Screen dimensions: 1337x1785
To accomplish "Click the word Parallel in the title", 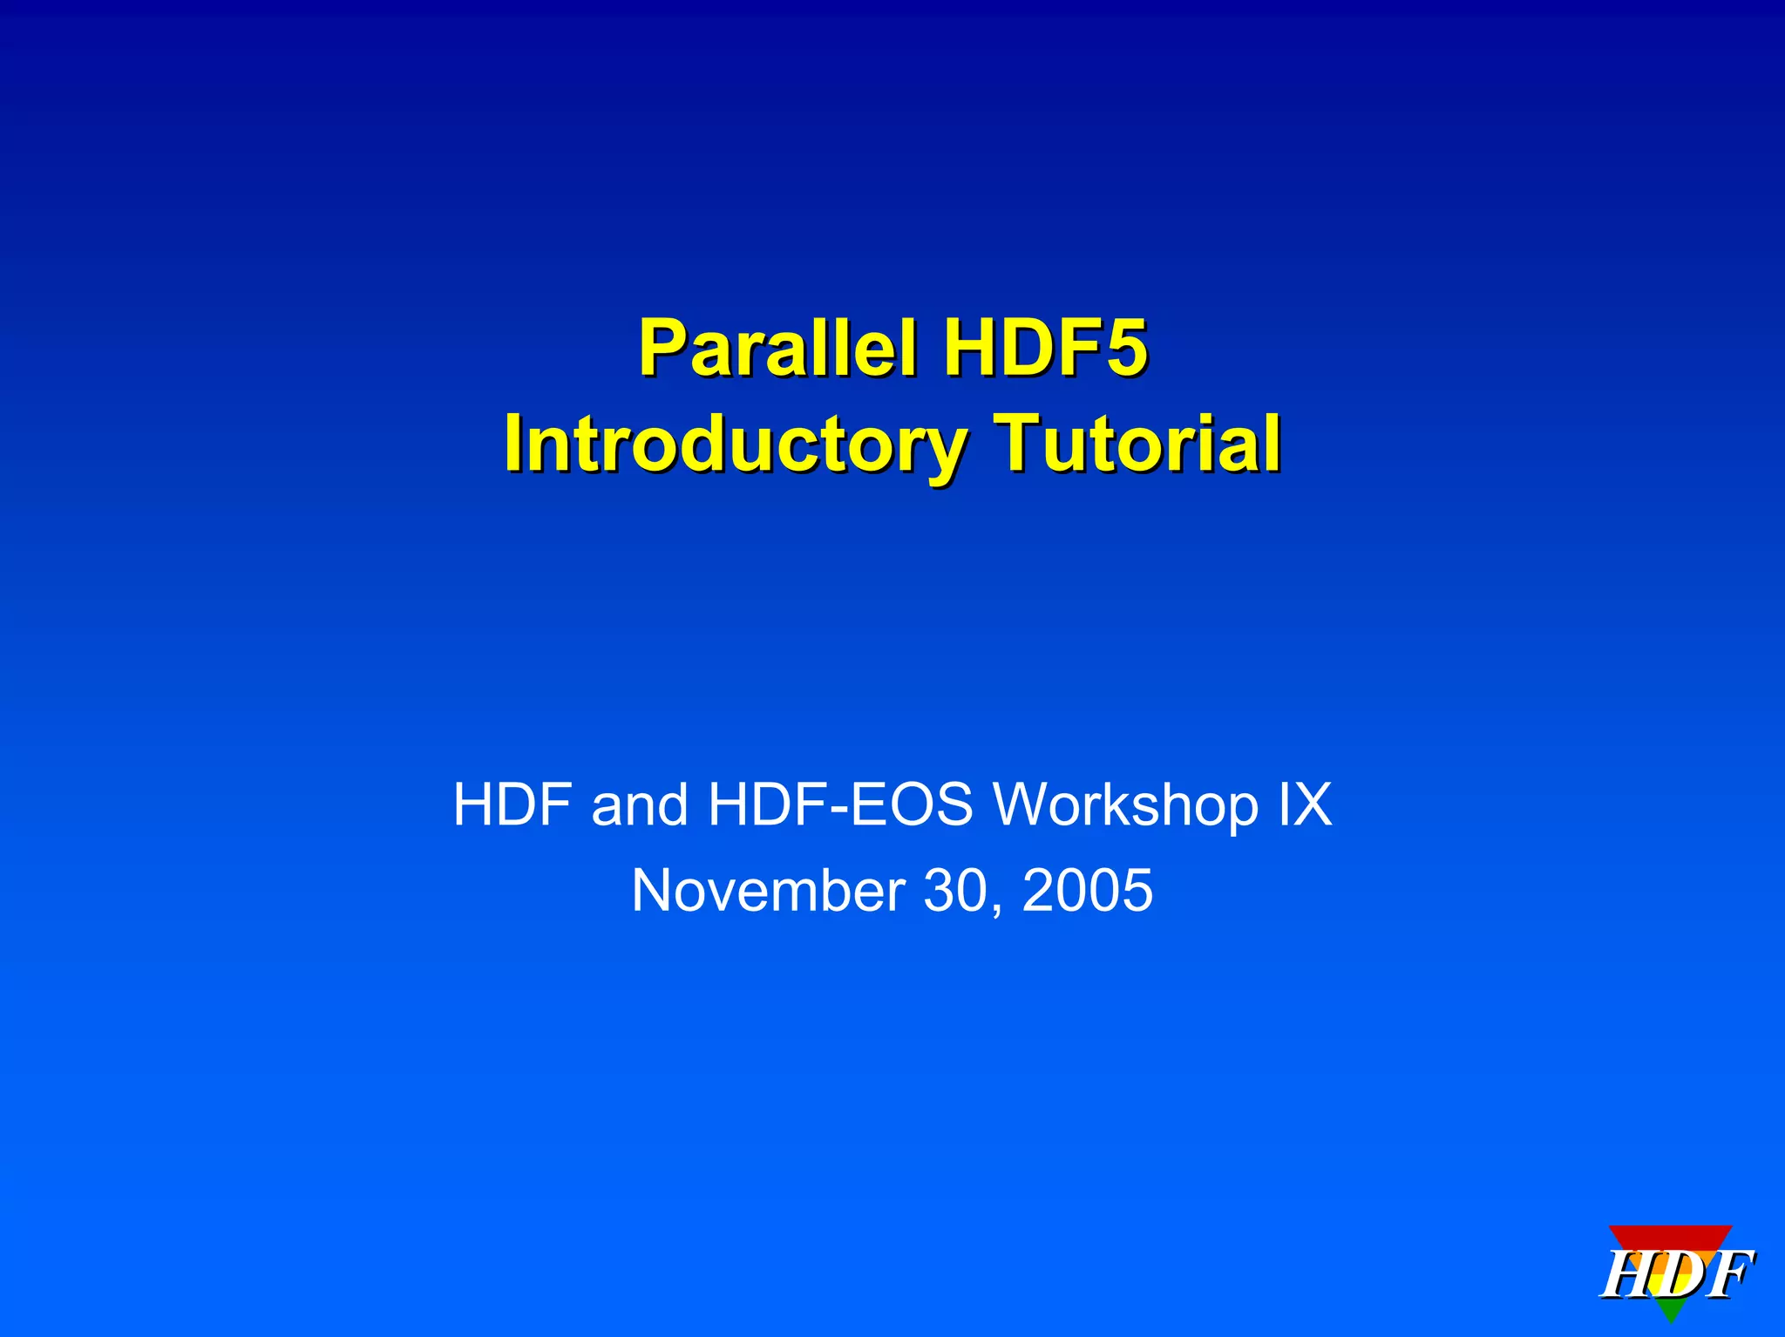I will click(777, 348).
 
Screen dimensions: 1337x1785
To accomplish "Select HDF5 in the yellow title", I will click(1046, 348).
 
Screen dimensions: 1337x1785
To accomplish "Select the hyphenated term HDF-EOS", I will click(840, 804).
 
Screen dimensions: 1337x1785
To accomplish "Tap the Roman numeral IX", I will click(1305, 804).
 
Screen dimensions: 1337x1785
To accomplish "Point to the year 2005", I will click(1087, 891).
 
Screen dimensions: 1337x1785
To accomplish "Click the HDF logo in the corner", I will click(1676, 1272).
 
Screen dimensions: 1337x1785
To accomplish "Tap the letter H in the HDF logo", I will click(1626, 1275).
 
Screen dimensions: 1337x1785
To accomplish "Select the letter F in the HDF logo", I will click(1725, 1275).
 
